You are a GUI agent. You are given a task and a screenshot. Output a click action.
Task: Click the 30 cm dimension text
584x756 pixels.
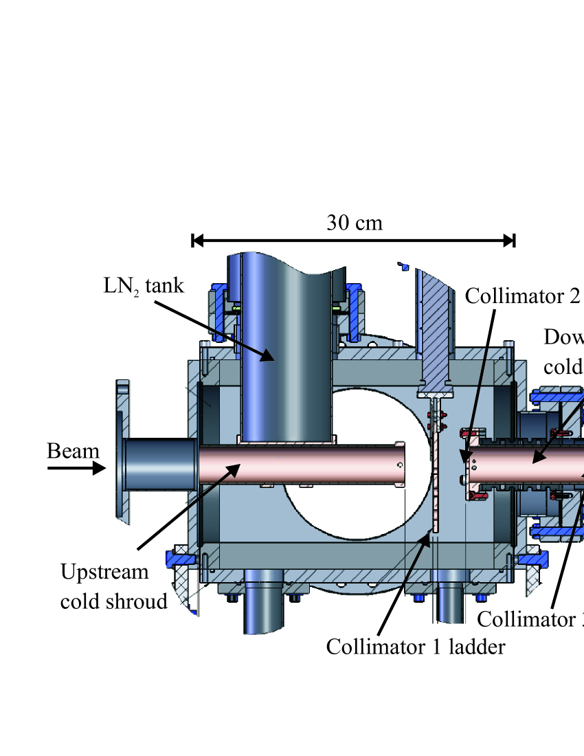(x=354, y=223)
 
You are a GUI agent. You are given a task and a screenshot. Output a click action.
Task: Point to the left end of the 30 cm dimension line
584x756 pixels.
(x=193, y=240)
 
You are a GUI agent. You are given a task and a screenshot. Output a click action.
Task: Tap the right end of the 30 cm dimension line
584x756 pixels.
(x=513, y=240)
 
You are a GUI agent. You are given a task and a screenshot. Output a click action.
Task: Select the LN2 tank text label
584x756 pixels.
(x=144, y=286)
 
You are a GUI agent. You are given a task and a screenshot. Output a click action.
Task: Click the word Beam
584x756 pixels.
(x=73, y=452)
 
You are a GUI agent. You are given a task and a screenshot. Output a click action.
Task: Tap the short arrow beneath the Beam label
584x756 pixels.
(x=76, y=469)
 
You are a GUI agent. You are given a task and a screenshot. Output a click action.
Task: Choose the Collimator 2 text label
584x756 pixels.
(x=522, y=296)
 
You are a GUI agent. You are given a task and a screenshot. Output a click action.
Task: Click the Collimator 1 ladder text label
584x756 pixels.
(x=416, y=647)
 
